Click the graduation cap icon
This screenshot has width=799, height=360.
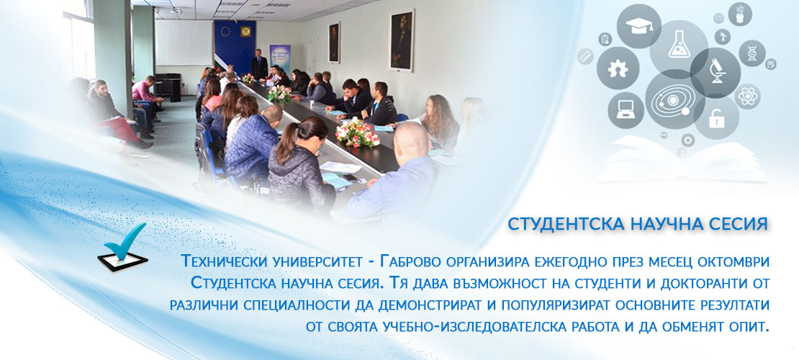click(639, 27)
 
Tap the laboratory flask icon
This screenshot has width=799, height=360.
click(679, 44)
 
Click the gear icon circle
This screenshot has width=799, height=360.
click(618, 68)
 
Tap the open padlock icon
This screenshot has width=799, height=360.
click(716, 118)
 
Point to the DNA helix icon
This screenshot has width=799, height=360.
click(752, 53)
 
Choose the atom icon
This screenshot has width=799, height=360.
click(748, 96)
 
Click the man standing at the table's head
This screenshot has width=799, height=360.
click(259, 64)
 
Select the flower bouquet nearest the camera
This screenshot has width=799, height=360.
click(357, 132)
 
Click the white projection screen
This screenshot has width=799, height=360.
click(184, 42)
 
